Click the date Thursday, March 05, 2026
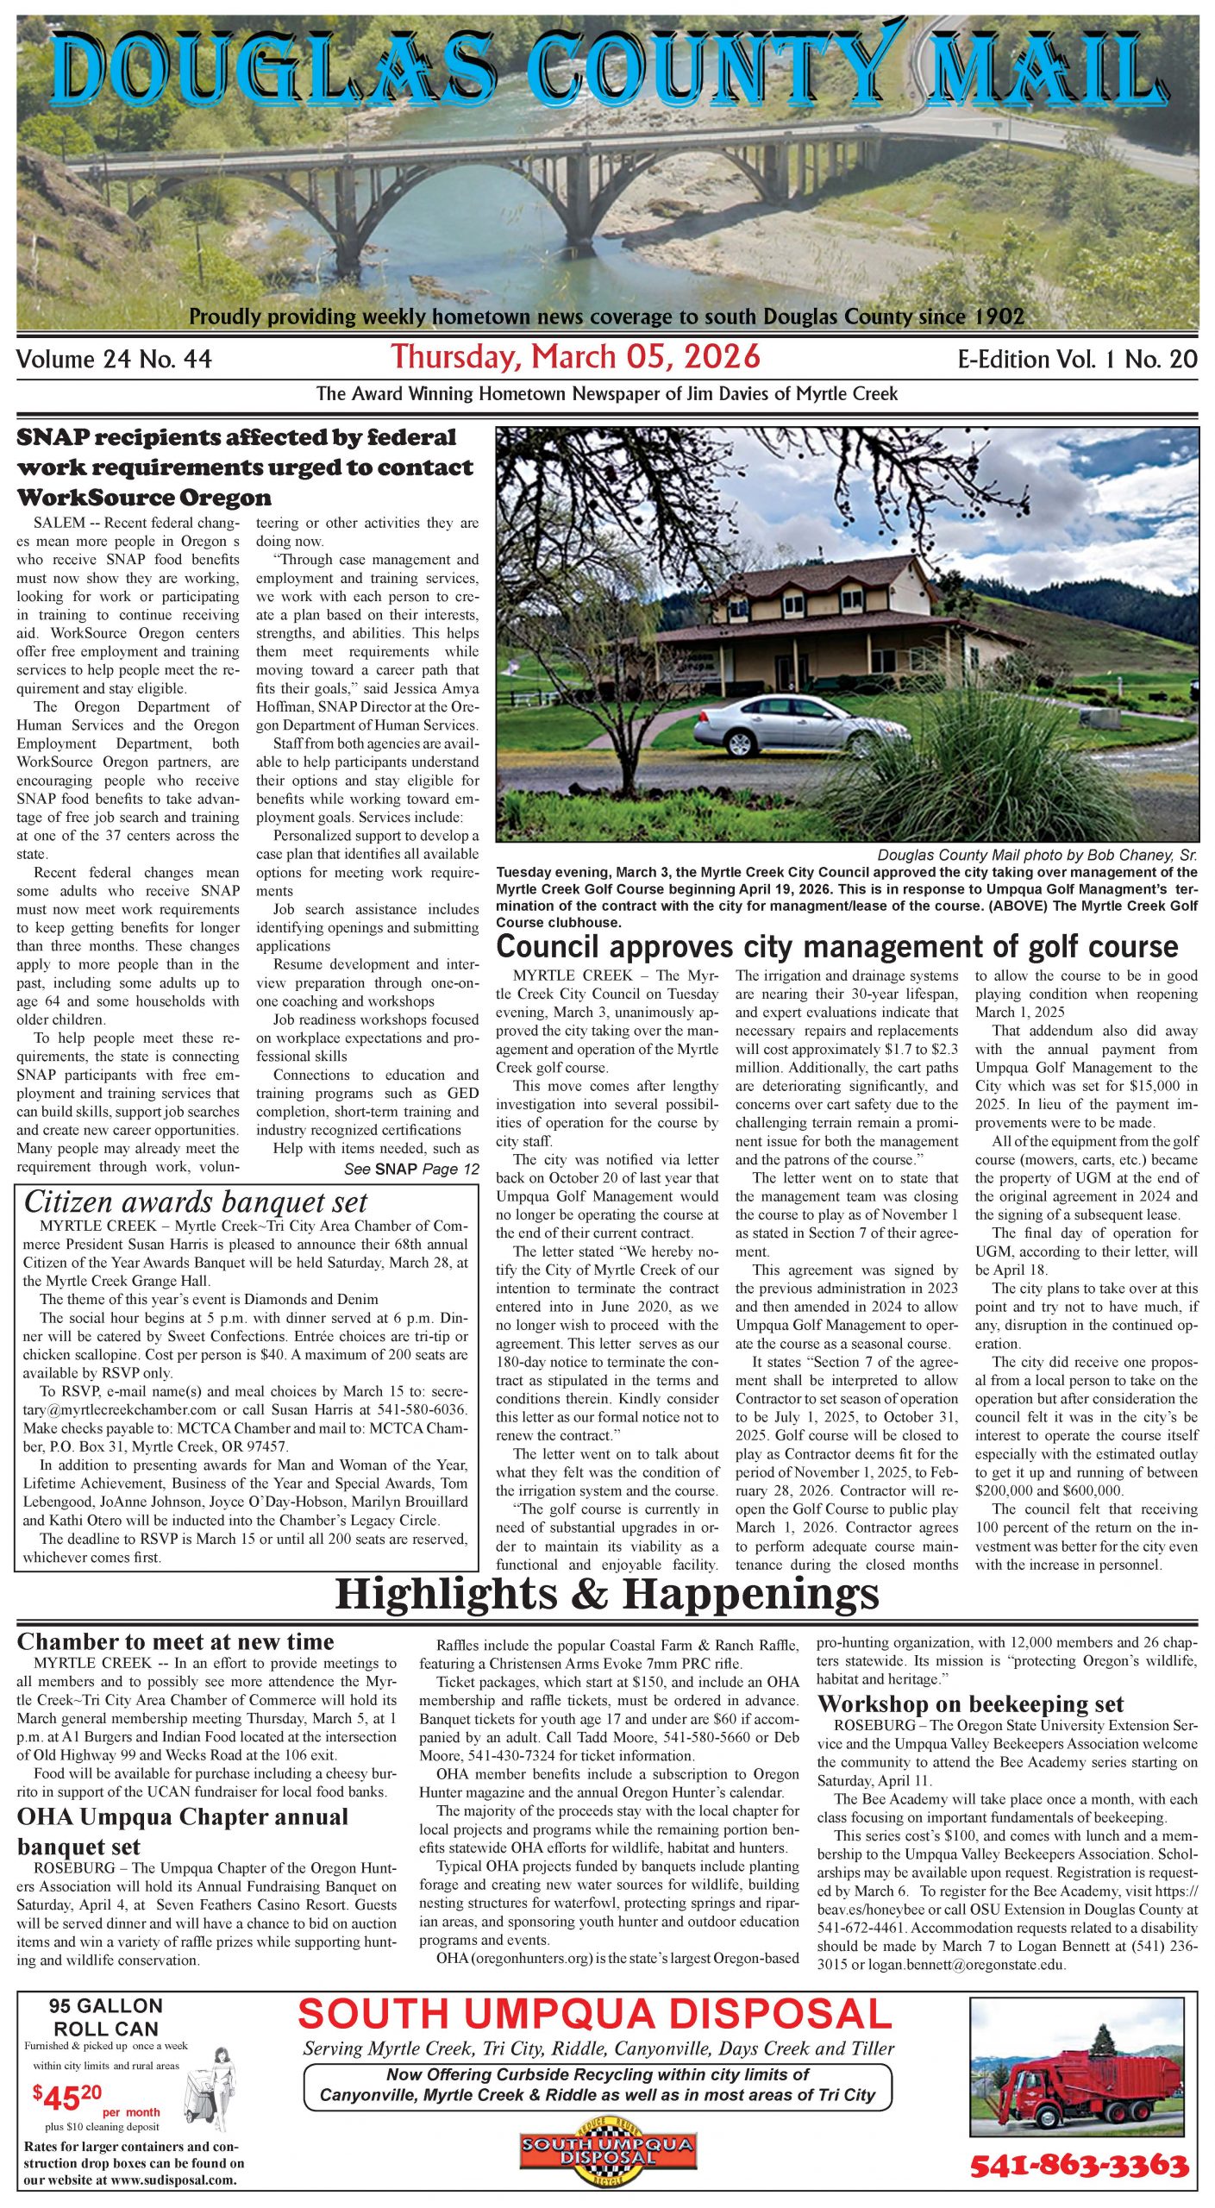576,356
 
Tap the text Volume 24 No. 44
114,359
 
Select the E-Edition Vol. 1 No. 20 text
1077,359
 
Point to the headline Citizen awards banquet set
196,1201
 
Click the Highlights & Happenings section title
606,1593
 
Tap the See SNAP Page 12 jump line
411,1170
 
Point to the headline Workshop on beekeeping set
970,1704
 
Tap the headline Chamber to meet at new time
175,1641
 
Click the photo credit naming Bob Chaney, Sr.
1037,855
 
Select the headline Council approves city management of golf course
836,946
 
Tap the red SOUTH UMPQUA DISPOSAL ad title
595,2016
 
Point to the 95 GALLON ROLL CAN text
106,2017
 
